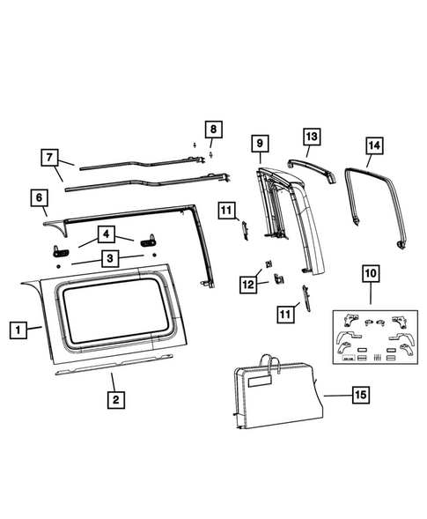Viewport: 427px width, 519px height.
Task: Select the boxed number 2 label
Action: coord(113,399)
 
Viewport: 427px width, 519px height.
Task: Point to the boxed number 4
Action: coord(106,235)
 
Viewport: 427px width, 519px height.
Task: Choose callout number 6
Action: coord(40,198)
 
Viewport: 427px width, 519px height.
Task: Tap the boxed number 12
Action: coord(249,283)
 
